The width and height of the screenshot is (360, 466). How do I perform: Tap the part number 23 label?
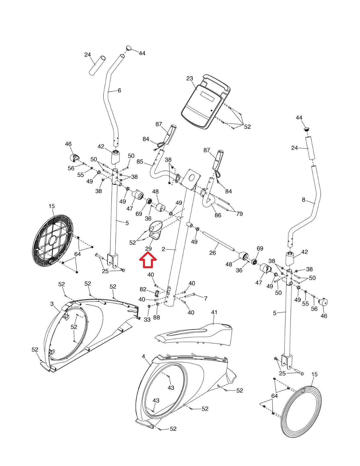tap(190, 78)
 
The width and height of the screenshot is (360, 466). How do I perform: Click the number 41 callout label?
tap(214, 312)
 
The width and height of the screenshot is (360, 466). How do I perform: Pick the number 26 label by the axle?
tap(213, 253)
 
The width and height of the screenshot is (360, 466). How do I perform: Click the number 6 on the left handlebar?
tap(119, 91)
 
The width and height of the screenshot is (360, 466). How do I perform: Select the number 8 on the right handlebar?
tap(303, 200)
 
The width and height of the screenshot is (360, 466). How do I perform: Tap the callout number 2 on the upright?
tap(163, 249)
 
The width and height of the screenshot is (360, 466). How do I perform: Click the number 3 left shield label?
tap(52, 304)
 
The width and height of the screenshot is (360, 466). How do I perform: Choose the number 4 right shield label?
tap(143, 356)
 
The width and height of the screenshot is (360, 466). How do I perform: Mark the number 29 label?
tap(148, 249)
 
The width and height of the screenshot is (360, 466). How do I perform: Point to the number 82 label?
tap(143, 289)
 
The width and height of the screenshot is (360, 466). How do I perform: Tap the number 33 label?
tap(147, 320)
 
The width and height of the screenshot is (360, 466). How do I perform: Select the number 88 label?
tap(157, 317)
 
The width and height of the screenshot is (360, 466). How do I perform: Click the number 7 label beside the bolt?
tap(206, 298)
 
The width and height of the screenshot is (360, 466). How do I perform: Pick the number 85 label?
tap(140, 162)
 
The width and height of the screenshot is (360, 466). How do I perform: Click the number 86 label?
tap(218, 215)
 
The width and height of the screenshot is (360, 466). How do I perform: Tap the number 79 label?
tap(239, 214)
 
